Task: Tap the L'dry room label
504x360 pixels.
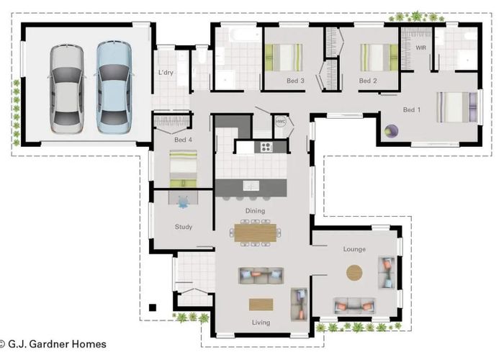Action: pos(167,73)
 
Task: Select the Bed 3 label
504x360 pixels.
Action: pos(295,81)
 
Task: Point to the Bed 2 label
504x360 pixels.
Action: pos(368,81)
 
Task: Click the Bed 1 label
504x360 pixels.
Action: pos(412,109)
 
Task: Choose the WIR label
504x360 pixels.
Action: pos(421,48)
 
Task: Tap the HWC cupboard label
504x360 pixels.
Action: pos(281,122)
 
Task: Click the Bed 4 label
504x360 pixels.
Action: pos(184,140)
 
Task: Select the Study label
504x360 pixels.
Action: pos(184,227)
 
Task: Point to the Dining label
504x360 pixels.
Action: pos(255,211)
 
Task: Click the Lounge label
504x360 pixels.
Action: pos(354,249)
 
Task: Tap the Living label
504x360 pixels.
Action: pos(261,323)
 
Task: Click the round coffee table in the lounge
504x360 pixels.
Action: pos(355,273)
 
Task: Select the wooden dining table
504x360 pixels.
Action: pos(256,233)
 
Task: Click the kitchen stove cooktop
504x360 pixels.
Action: pos(265,147)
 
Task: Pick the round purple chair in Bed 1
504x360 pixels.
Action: pos(392,131)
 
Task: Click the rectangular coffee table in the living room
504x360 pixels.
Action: pos(261,304)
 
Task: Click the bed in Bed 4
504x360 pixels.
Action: pos(183,166)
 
